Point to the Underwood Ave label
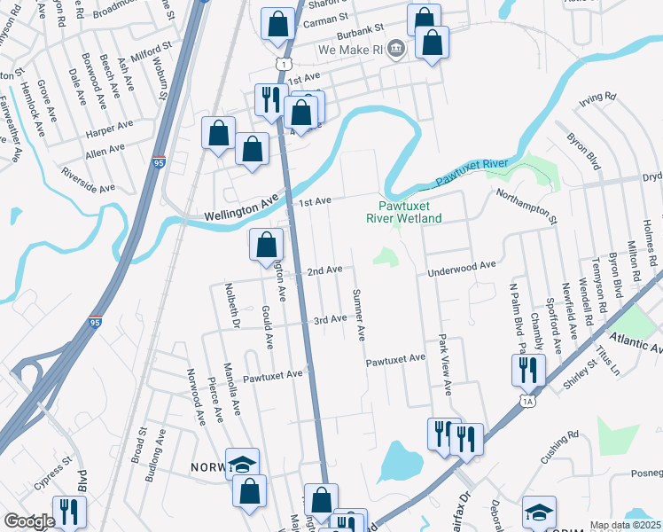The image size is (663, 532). (461, 265)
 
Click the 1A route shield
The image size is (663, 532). (528, 402)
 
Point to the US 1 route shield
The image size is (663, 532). (282, 63)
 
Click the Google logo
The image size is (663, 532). (29, 520)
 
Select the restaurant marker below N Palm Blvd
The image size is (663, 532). (526, 368)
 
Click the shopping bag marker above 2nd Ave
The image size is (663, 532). (266, 245)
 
